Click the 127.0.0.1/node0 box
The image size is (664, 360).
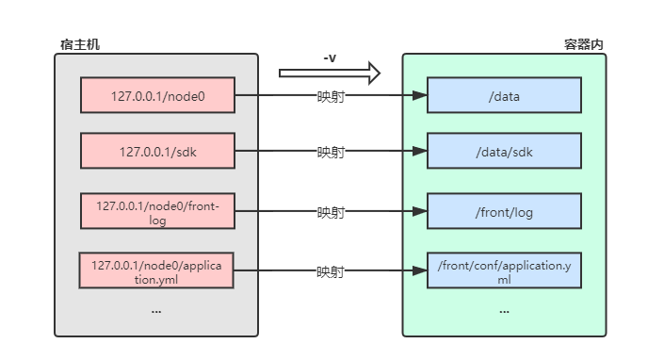point(156,95)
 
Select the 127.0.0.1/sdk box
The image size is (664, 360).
point(156,151)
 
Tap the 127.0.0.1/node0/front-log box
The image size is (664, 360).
point(156,211)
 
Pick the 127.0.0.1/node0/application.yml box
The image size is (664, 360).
point(156,271)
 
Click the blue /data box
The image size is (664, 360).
point(504,95)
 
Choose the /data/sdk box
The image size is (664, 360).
point(504,151)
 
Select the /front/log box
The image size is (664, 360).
point(504,212)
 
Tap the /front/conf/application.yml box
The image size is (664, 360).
point(504,271)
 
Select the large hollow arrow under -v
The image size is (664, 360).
point(330,73)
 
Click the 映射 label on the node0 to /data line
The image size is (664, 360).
point(330,96)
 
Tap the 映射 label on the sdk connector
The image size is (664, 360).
point(330,152)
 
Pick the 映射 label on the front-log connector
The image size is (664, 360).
point(330,212)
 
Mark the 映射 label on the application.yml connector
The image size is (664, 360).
point(330,272)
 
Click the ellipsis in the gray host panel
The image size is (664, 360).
point(156,309)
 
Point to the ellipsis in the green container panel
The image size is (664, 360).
point(504,309)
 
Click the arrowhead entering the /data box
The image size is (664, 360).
point(421,95)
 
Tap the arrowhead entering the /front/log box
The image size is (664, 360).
point(421,212)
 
